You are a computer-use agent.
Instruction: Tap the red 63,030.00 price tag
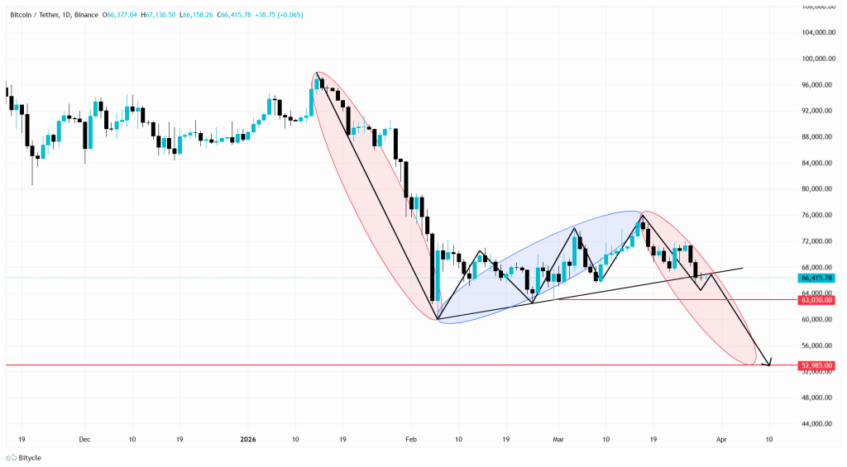pyautogui.click(x=816, y=300)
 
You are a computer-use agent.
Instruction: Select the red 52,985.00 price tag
pyautogui.click(x=816, y=365)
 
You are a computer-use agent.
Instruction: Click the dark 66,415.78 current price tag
pyautogui.click(x=816, y=278)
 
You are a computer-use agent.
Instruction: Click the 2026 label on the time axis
pyautogui.click(x=249, y=441)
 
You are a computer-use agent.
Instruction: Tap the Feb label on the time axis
pyautogui.click(x=411, y=441)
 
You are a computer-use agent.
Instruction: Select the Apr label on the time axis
pyautogui.click(x=721, y=441)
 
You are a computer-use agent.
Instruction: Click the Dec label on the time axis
pyautogui.click(x=85, y=441)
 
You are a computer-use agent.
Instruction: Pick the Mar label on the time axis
pyautogui.click(x=558, y=441)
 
